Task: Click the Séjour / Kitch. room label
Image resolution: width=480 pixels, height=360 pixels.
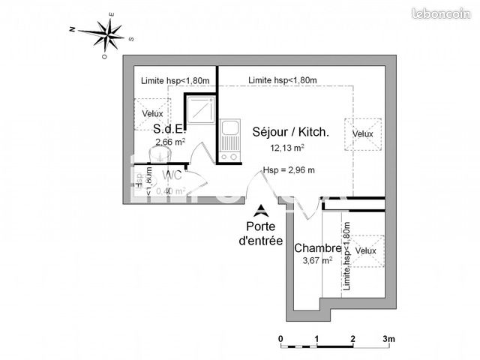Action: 290,133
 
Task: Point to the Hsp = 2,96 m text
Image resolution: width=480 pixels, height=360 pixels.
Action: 289,170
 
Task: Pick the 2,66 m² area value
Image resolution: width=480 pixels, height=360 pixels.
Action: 170,141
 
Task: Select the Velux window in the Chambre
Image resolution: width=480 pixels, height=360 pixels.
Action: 366,250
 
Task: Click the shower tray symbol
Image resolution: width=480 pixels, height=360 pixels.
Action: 201,111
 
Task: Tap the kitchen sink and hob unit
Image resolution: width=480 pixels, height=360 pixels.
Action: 230,140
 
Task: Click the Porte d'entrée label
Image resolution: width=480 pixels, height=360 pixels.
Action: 260,234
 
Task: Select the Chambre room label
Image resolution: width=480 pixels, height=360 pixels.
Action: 318,248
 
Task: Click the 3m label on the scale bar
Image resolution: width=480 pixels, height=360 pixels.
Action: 388,338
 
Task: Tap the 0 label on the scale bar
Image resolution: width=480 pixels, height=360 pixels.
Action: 280,338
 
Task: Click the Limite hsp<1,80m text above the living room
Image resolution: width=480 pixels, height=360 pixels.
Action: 283,81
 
